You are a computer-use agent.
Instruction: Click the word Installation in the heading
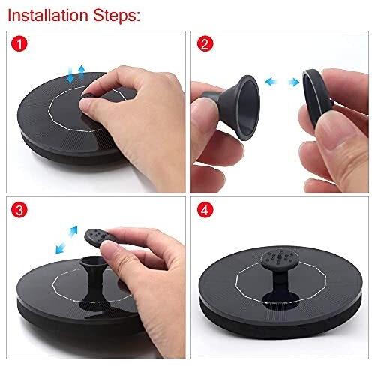coord(48,16)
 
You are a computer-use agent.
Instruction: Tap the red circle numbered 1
coord(19,44)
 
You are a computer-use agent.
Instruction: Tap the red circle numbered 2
coord(205,44)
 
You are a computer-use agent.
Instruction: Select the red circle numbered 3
coord(19,210)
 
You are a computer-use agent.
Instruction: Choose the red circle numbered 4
coord(205,210)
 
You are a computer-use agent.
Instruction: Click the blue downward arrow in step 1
coord(70,74)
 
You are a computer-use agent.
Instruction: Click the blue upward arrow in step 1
coord(81,73)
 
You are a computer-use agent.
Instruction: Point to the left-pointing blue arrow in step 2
coord(271,82)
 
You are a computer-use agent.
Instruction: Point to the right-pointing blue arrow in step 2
coord(293,82)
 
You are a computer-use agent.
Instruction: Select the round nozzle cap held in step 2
coord(316,97)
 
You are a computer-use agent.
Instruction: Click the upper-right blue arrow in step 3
coord(73,232)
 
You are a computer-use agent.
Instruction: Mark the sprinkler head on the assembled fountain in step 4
coord(280,259)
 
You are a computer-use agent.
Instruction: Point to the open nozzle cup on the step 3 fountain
coord(93,262)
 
